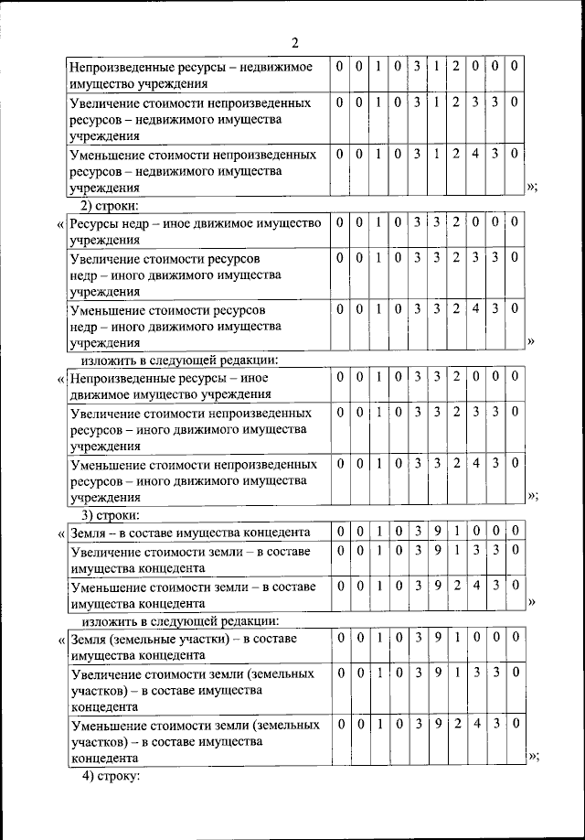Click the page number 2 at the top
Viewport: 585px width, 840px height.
pos(295,42)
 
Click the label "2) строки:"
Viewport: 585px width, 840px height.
pos(112,204)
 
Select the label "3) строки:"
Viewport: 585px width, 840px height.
pos(112,514)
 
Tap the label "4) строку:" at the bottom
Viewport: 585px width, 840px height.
pos(112,777)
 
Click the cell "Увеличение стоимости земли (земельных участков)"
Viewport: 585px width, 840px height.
pos(196,690)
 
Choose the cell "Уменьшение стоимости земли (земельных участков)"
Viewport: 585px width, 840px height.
pos(196,741)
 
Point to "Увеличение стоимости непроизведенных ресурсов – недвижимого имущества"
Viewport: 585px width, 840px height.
pos(194,119)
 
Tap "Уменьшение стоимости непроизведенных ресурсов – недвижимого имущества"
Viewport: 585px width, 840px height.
pos(194,170)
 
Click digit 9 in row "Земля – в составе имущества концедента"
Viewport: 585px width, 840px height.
pos(436,532)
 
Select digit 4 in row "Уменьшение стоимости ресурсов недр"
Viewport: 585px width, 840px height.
pos(475,309)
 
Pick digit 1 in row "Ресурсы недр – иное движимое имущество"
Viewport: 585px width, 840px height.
pos(378,222)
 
